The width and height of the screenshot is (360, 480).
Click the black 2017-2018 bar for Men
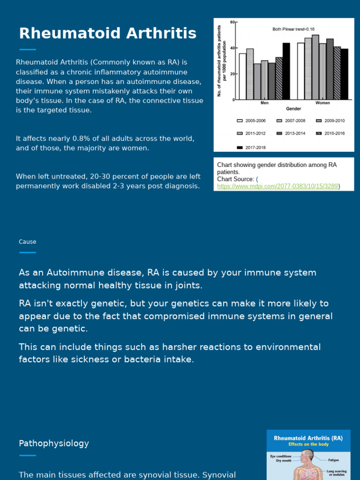click(286, 71)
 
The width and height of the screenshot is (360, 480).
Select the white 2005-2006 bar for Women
click(300, 71)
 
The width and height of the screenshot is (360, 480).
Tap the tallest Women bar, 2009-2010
click(315, 67)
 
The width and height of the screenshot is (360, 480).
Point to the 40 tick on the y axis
click(232, 48)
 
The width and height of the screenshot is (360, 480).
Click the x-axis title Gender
click(293, 109)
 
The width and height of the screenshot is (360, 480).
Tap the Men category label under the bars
click(264, 103)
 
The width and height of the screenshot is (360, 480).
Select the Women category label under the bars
click(322, 103)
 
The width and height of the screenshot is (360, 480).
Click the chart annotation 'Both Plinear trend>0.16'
click(293, 29)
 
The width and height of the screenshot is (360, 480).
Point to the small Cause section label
click(27, 242)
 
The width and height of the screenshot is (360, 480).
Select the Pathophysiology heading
click(53, 443)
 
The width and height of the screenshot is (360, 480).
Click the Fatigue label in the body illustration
click(333, 460)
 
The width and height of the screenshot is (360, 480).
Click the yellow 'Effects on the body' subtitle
click(308, 444)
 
